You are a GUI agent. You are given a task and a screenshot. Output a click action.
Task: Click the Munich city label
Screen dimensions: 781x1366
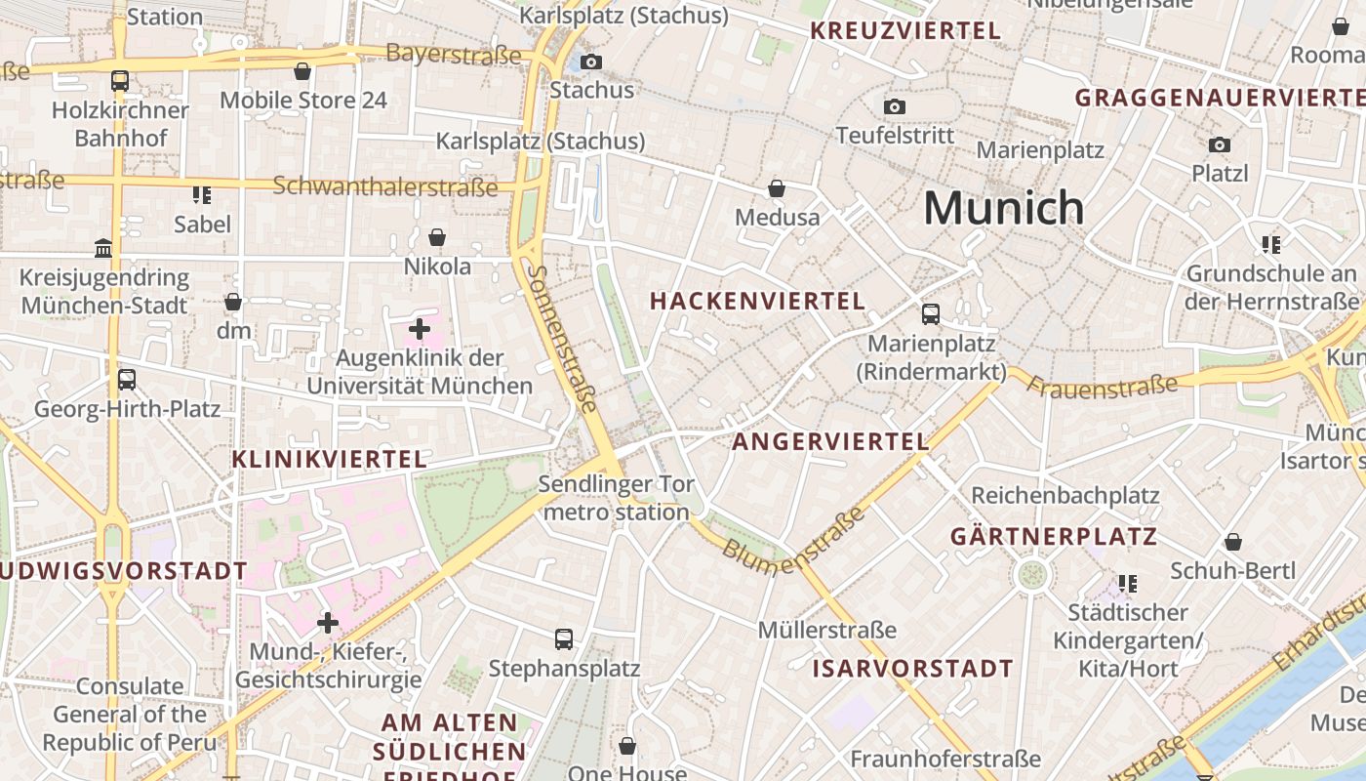[1003, 208]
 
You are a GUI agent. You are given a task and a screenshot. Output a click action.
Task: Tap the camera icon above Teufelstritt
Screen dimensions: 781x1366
[894, 106]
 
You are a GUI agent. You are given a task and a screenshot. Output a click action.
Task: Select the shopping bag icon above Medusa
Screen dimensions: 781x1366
[777, 188]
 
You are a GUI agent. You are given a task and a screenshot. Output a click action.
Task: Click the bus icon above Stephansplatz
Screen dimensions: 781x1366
[564, 639]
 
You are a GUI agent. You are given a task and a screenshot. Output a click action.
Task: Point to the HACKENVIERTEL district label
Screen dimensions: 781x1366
[757, 302]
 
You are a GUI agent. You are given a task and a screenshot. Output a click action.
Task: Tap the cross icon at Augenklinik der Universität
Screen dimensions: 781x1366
[420, 329]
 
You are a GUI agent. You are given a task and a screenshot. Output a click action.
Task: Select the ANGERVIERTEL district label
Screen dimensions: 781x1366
[830, 442]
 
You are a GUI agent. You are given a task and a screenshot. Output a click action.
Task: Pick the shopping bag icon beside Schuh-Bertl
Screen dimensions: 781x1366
[1233, 542]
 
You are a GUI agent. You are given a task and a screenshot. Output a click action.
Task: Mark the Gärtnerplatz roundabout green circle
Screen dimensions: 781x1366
[1031, 574]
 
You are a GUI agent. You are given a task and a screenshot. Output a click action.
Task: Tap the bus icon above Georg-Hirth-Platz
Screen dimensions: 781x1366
[127, 380]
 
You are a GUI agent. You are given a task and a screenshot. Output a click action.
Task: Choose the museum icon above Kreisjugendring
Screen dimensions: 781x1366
[103, 248]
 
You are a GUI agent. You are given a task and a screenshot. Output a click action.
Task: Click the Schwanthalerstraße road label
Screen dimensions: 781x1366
[385, 185]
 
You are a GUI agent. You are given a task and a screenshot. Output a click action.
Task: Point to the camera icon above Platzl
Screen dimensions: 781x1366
[1219, 144]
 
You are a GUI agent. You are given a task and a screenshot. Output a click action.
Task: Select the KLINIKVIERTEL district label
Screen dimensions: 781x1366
[329, 459]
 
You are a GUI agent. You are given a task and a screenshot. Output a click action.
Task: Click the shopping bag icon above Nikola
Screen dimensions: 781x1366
[437, 237]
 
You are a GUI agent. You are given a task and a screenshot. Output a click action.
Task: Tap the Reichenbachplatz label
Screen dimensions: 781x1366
[1065, 496]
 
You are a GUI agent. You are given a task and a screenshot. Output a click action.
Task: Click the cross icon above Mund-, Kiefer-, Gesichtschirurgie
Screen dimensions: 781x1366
[328, 622]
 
